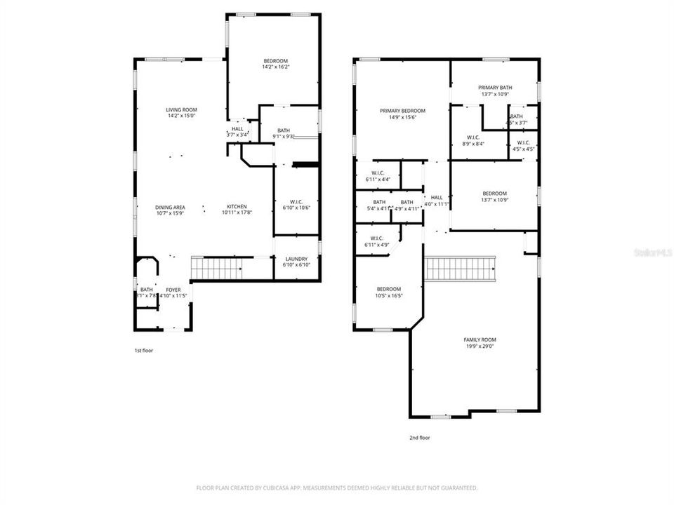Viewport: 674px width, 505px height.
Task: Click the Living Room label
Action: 181,110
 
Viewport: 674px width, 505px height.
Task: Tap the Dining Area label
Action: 170,207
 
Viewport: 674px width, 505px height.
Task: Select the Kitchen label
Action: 236,207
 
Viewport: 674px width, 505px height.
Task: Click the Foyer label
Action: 173,290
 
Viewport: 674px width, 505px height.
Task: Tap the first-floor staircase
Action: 217,267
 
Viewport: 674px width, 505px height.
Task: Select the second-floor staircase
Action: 461,269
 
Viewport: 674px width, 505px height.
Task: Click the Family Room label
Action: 480,339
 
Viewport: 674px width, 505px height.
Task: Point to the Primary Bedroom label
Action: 402,111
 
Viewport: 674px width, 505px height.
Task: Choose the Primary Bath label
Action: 495,88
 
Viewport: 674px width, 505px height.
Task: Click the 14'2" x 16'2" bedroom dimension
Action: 275,67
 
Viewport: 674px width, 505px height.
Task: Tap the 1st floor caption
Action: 143,350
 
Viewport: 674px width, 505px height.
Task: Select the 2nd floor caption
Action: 419,438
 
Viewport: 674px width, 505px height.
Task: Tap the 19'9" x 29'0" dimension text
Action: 480,346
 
